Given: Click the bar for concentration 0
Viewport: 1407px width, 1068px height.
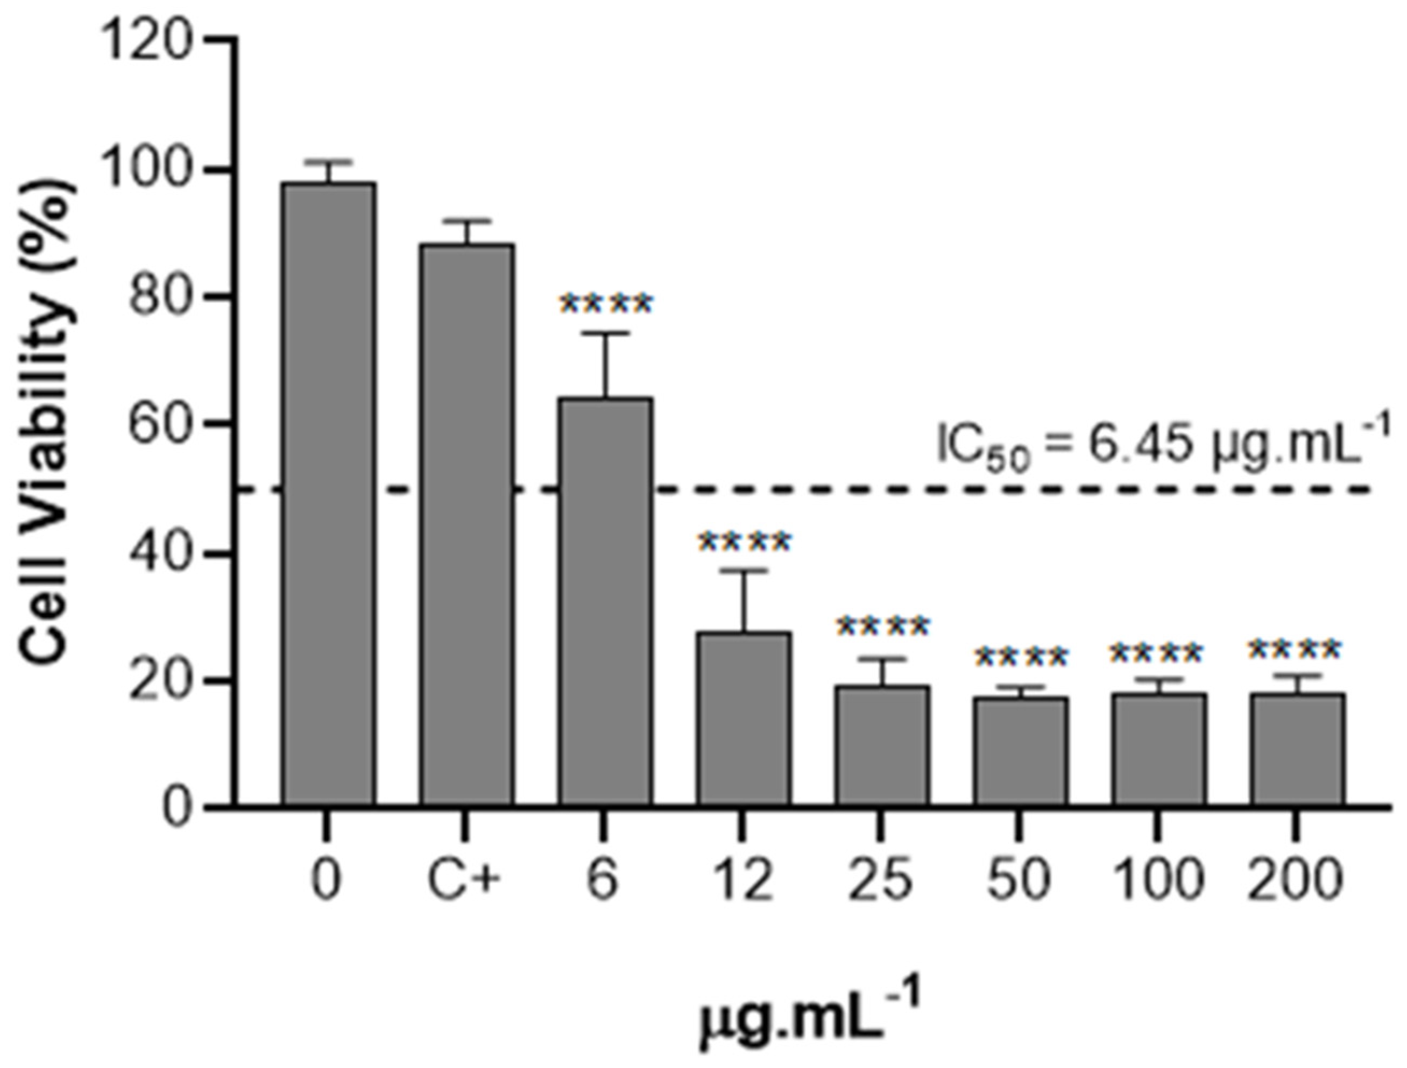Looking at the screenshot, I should pos(329,496).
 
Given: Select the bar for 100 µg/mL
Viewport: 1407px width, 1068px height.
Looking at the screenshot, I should pos(1159,750).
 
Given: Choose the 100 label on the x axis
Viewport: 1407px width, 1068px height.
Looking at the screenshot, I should pos(1159,880).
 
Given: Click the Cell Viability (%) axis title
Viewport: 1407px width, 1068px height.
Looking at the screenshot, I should pos(48,423).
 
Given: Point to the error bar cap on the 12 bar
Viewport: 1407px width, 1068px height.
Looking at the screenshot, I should pos(744,571).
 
